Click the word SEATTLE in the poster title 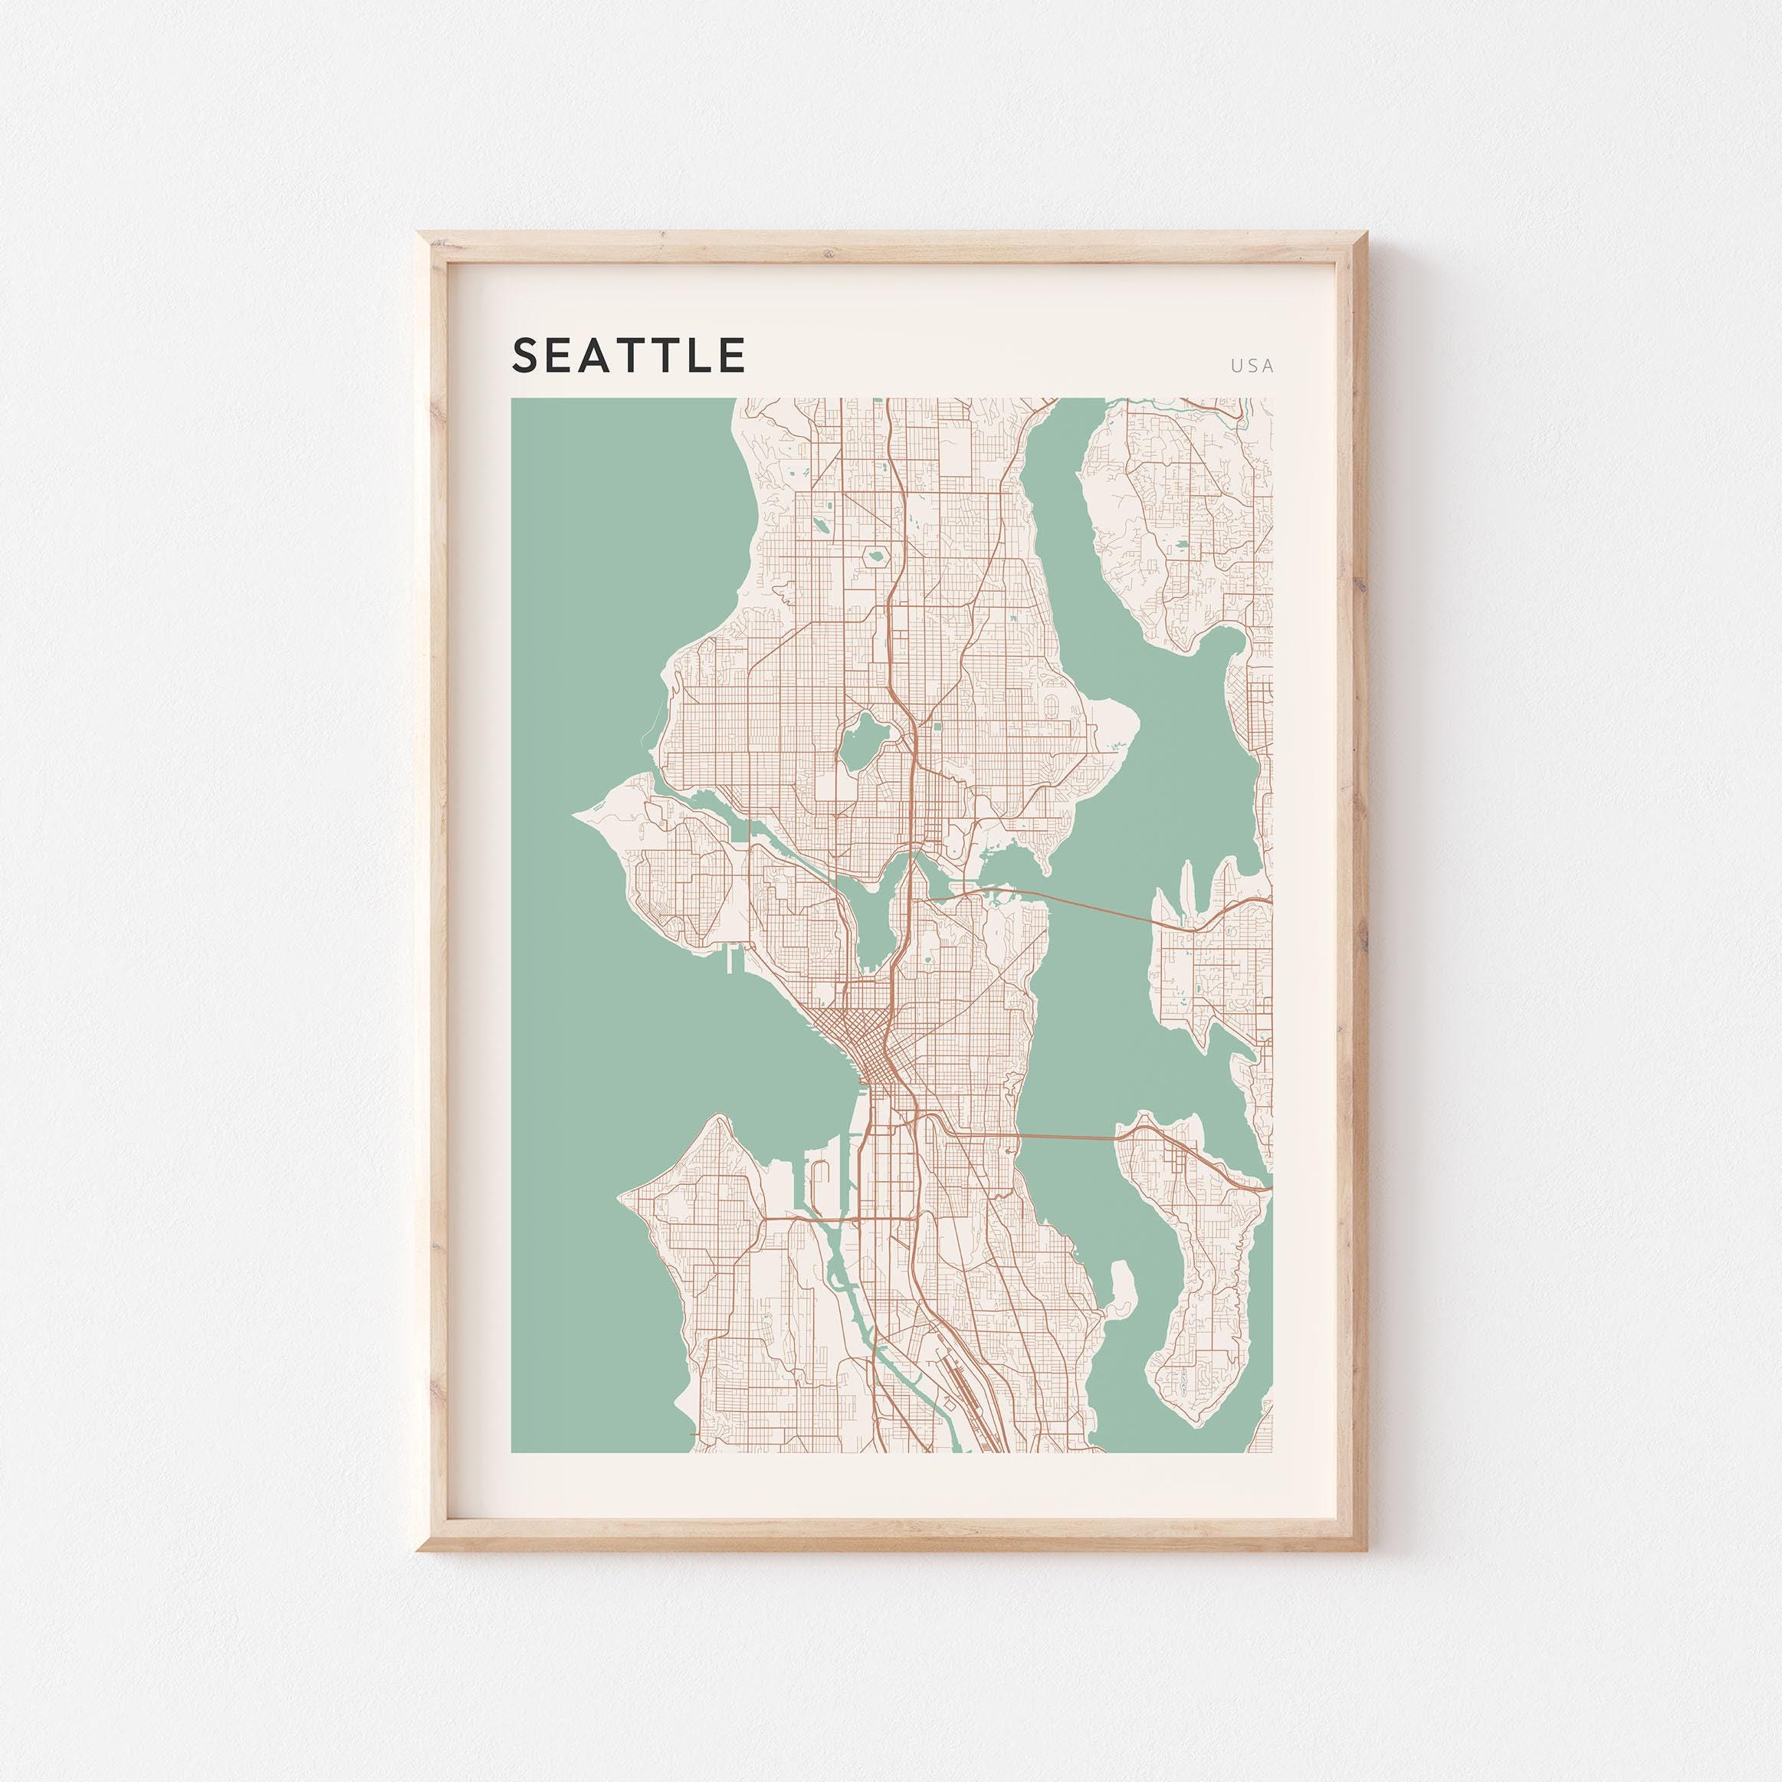pos(628,355)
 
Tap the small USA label pos(1252,366)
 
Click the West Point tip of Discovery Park pos(579,813)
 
